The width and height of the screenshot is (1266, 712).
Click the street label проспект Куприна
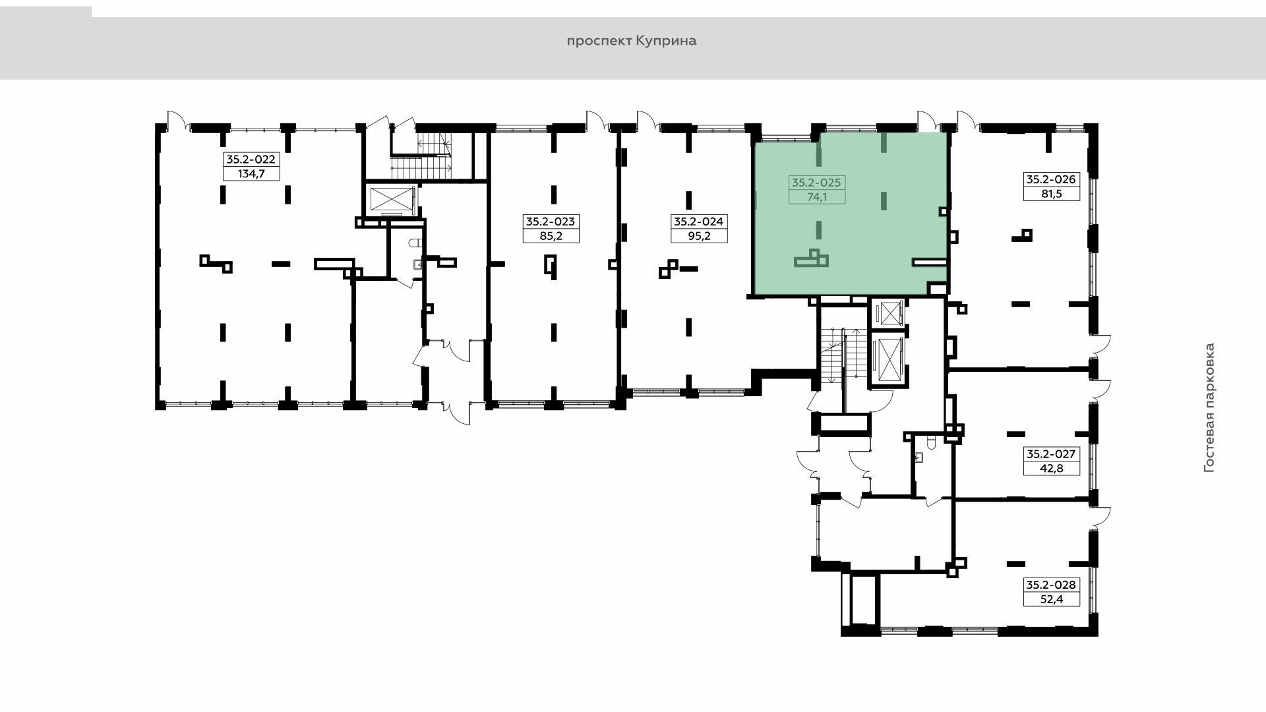click(632, 41)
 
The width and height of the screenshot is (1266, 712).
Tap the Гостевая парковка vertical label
click(1209, 407)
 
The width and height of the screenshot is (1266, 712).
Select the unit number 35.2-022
click(251, 159)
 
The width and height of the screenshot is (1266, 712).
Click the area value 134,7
click(251, 174)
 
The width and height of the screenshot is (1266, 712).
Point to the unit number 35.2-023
click(551, 222)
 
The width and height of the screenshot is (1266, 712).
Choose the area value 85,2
click(551, 236)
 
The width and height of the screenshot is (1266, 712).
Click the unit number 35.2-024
click(699, 222)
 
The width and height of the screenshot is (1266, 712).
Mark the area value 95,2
click(699, 236)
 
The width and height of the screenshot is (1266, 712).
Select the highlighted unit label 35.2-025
click(817, 182)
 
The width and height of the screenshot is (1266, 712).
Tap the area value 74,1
click(817, 196)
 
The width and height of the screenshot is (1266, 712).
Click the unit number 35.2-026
click(1051, 179)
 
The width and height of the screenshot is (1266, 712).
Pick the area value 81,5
click(1051, 194)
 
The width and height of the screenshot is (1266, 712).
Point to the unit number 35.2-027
click(1051, 454)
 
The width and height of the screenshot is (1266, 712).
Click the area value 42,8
click(1051, 469)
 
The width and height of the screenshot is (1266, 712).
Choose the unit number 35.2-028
click(1051, 584)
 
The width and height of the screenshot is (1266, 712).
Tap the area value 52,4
click(1051, 599)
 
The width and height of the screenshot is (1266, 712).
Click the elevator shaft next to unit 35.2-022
click(390, 200)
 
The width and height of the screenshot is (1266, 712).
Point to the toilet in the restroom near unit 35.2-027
click(931, 442)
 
